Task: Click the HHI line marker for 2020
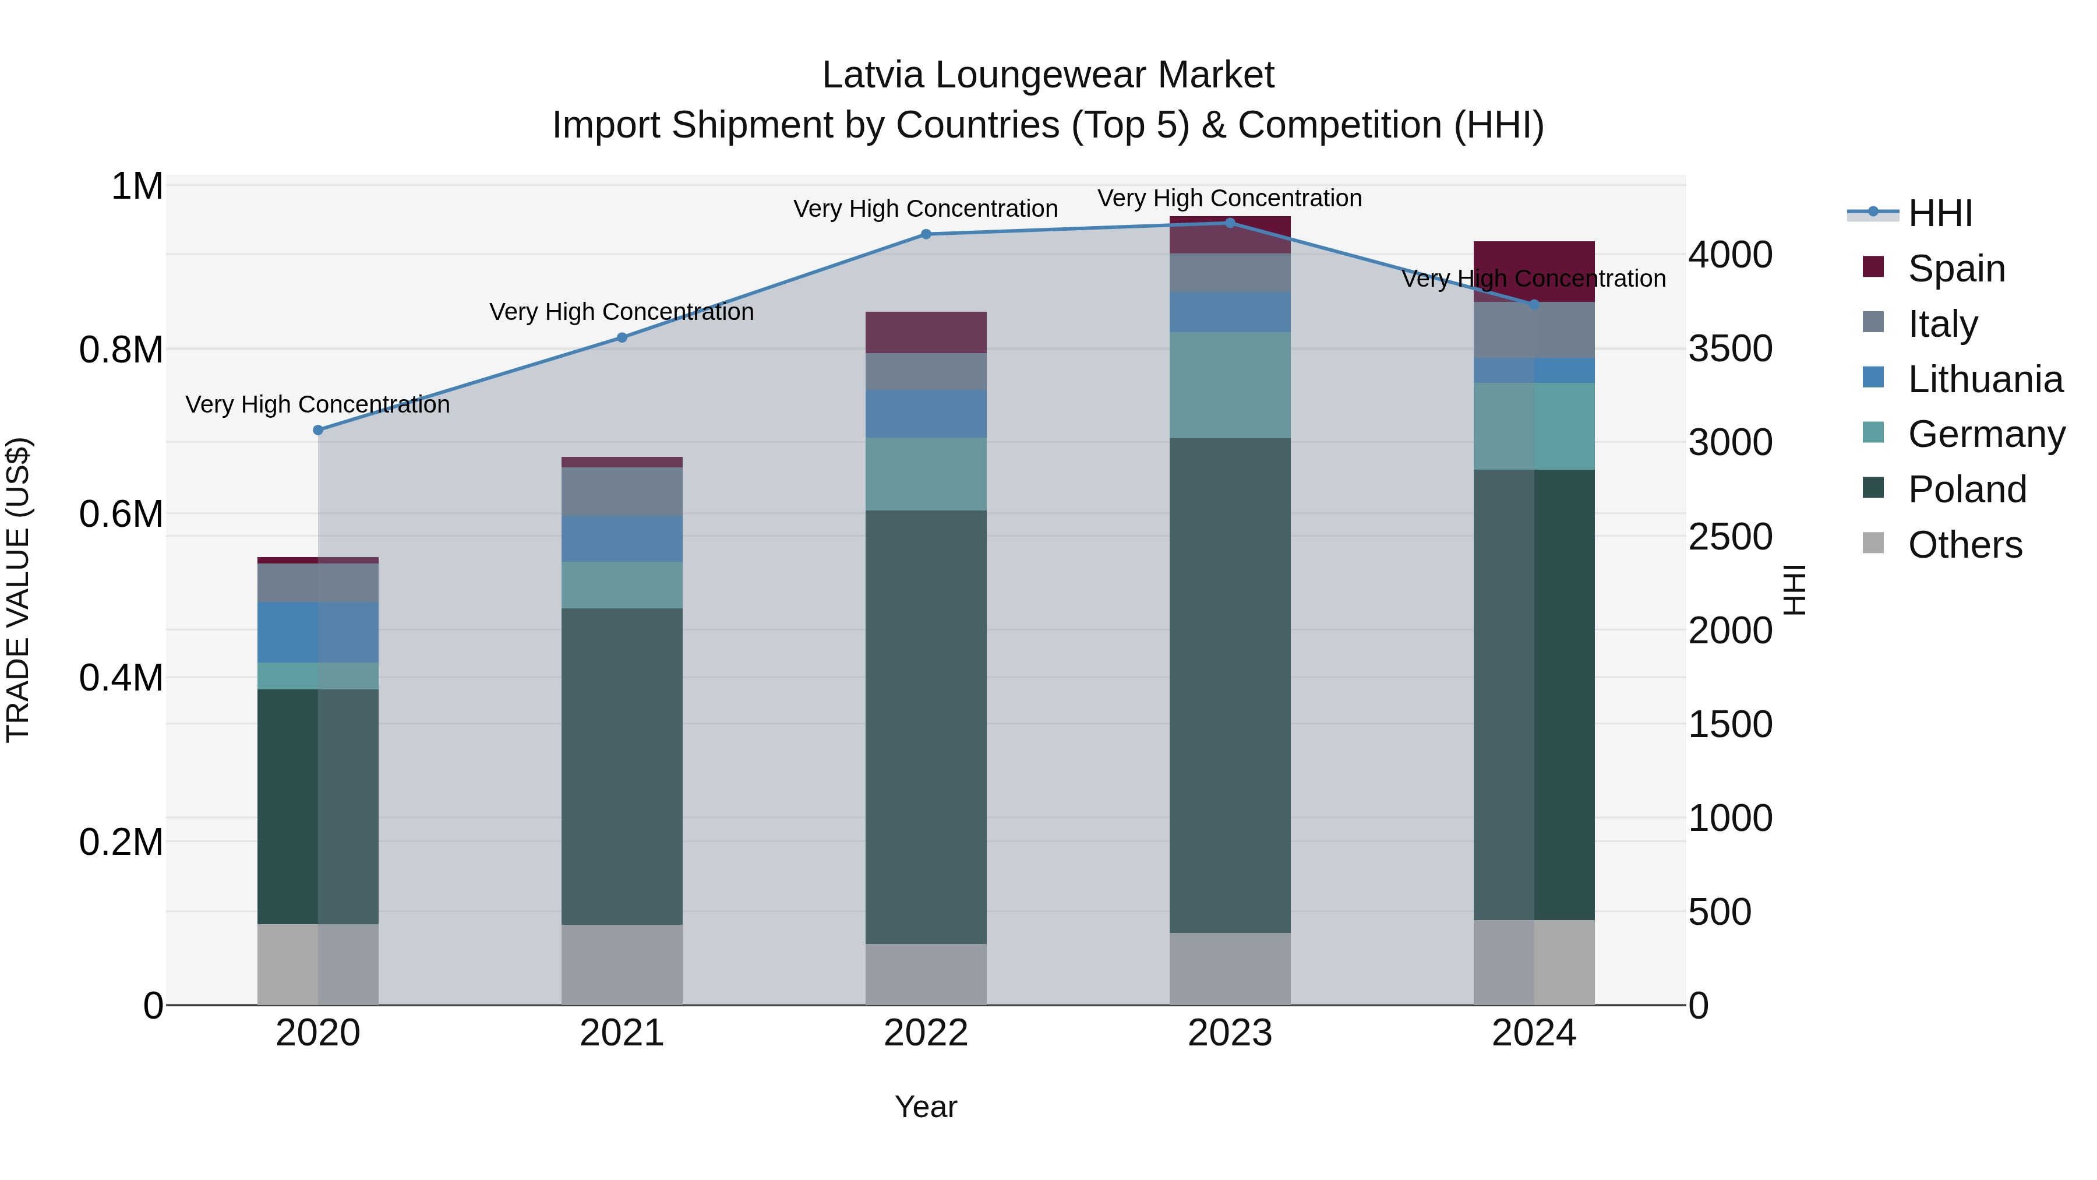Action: tap(317, 430)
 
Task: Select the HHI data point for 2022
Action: tap(926, 234)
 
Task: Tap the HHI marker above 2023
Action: tap(1230, 223)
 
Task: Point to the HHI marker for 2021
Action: tap(622, 338)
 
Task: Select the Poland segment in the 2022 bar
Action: tap(926, 727)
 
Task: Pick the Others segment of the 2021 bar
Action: tap(622, 964)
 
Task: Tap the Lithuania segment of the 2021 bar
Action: tap(622, 538)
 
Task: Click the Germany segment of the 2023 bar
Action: tap(1230, 385)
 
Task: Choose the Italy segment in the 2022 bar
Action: tap(926, 371)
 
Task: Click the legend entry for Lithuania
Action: tap(1985, 379)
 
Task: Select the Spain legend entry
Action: tap(1956, 269)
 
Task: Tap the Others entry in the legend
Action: tap(1964, 545)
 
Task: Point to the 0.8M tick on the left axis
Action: tap(121, 350)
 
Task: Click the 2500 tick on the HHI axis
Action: tap(1730, 537)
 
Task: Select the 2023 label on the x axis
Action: tap(1230, 1033)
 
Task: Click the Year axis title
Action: tap(926, 1107)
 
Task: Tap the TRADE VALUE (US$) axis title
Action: tap(18, 590)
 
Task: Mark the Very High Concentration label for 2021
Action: tap(622, 312)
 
